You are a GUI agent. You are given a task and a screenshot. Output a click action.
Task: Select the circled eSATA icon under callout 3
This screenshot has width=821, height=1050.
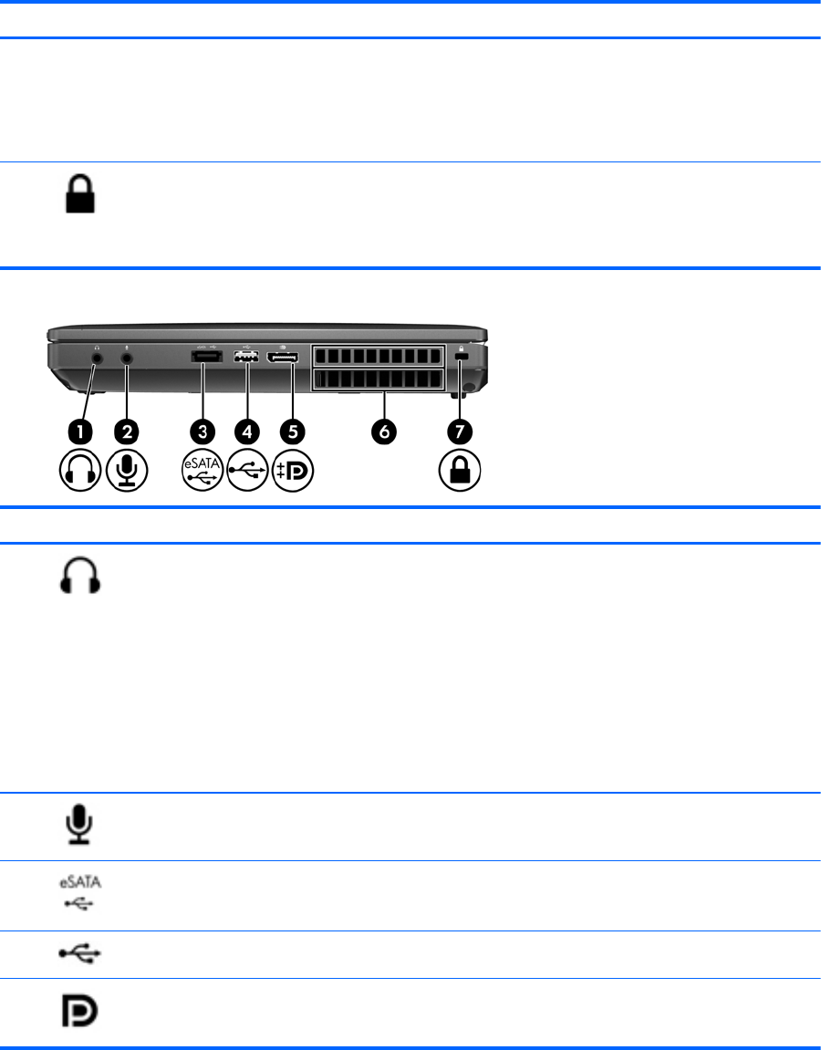[202, 472]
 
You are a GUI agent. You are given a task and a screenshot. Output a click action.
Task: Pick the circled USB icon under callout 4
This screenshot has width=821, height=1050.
[246, 472]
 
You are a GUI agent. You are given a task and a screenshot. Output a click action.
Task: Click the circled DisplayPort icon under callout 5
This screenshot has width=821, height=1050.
[292, 472]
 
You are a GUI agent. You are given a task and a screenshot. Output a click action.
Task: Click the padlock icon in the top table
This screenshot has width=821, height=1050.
[80, 195]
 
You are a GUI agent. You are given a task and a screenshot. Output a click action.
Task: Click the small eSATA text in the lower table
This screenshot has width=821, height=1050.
[81, 883]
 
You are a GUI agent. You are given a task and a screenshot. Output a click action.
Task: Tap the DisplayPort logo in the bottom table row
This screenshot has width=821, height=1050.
[81, 1012]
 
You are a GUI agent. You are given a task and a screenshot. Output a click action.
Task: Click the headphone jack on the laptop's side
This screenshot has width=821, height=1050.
[99, 359]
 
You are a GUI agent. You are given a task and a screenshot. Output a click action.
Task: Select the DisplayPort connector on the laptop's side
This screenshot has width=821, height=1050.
[284, 358]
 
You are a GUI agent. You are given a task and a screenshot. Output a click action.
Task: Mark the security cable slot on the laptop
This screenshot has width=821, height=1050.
[461, 359]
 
